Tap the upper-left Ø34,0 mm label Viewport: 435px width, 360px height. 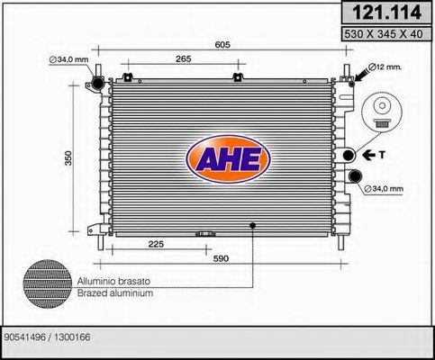69,60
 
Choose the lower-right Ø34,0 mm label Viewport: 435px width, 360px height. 385,189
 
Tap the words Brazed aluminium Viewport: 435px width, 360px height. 114,293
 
